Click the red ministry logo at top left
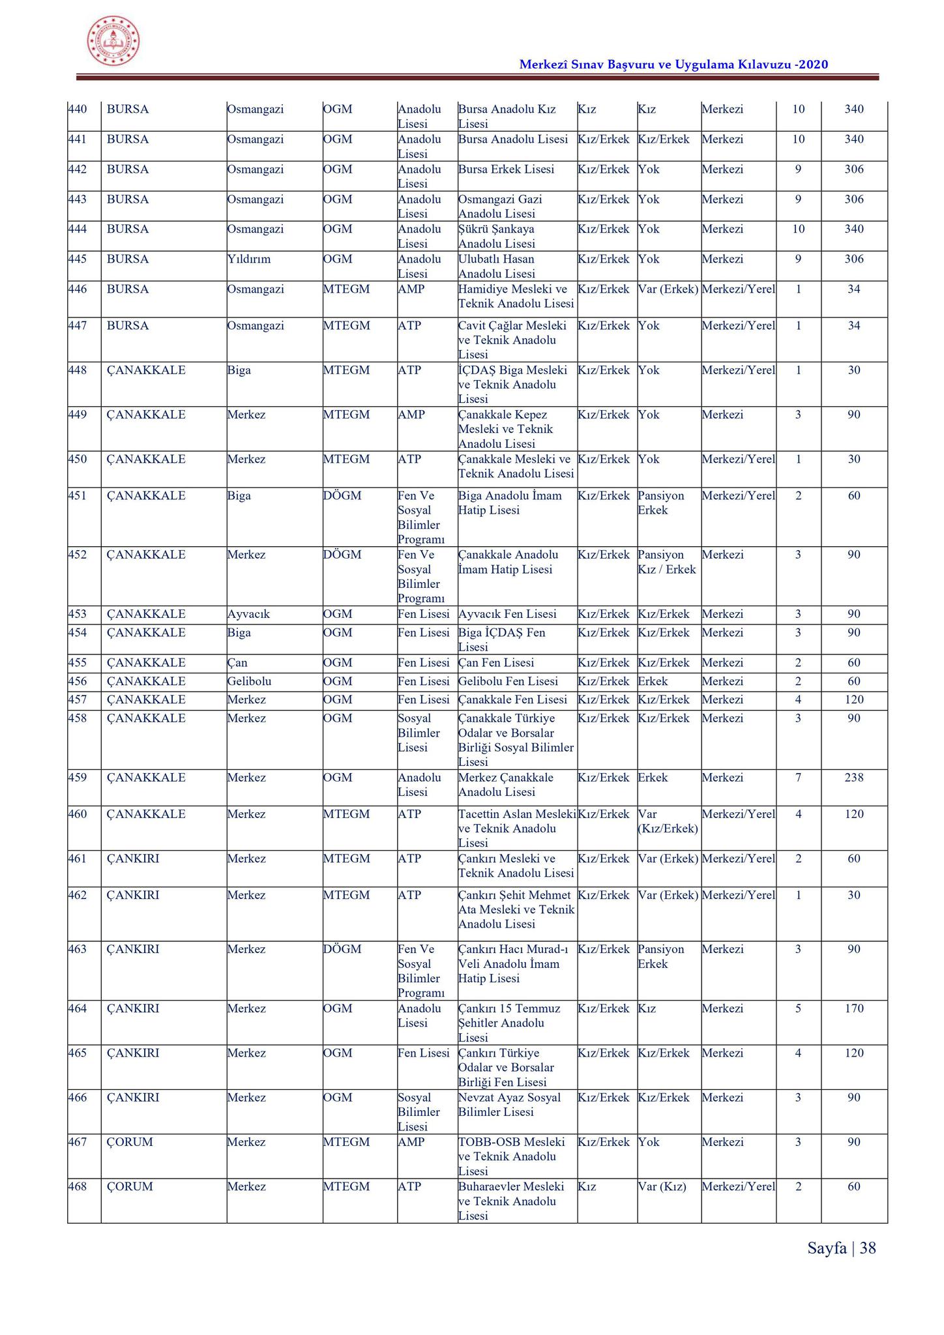113,40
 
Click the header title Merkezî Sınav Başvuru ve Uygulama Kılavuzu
673,64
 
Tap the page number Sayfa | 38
841,1248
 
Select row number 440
78,110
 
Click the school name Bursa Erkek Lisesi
506,169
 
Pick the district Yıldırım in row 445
248,259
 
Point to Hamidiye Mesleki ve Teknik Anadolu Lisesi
516,297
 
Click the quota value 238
853,778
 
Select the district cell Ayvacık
248,614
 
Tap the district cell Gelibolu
249,681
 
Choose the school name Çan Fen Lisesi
496,663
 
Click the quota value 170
853,1008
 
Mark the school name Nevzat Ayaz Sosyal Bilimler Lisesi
509,1105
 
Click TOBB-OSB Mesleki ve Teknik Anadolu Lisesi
511,1156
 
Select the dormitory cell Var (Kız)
662,1186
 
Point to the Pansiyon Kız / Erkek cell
666,562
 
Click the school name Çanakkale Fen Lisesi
512,699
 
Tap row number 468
78,1186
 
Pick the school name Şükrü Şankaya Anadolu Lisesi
496,236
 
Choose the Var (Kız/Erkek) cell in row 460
668,821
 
